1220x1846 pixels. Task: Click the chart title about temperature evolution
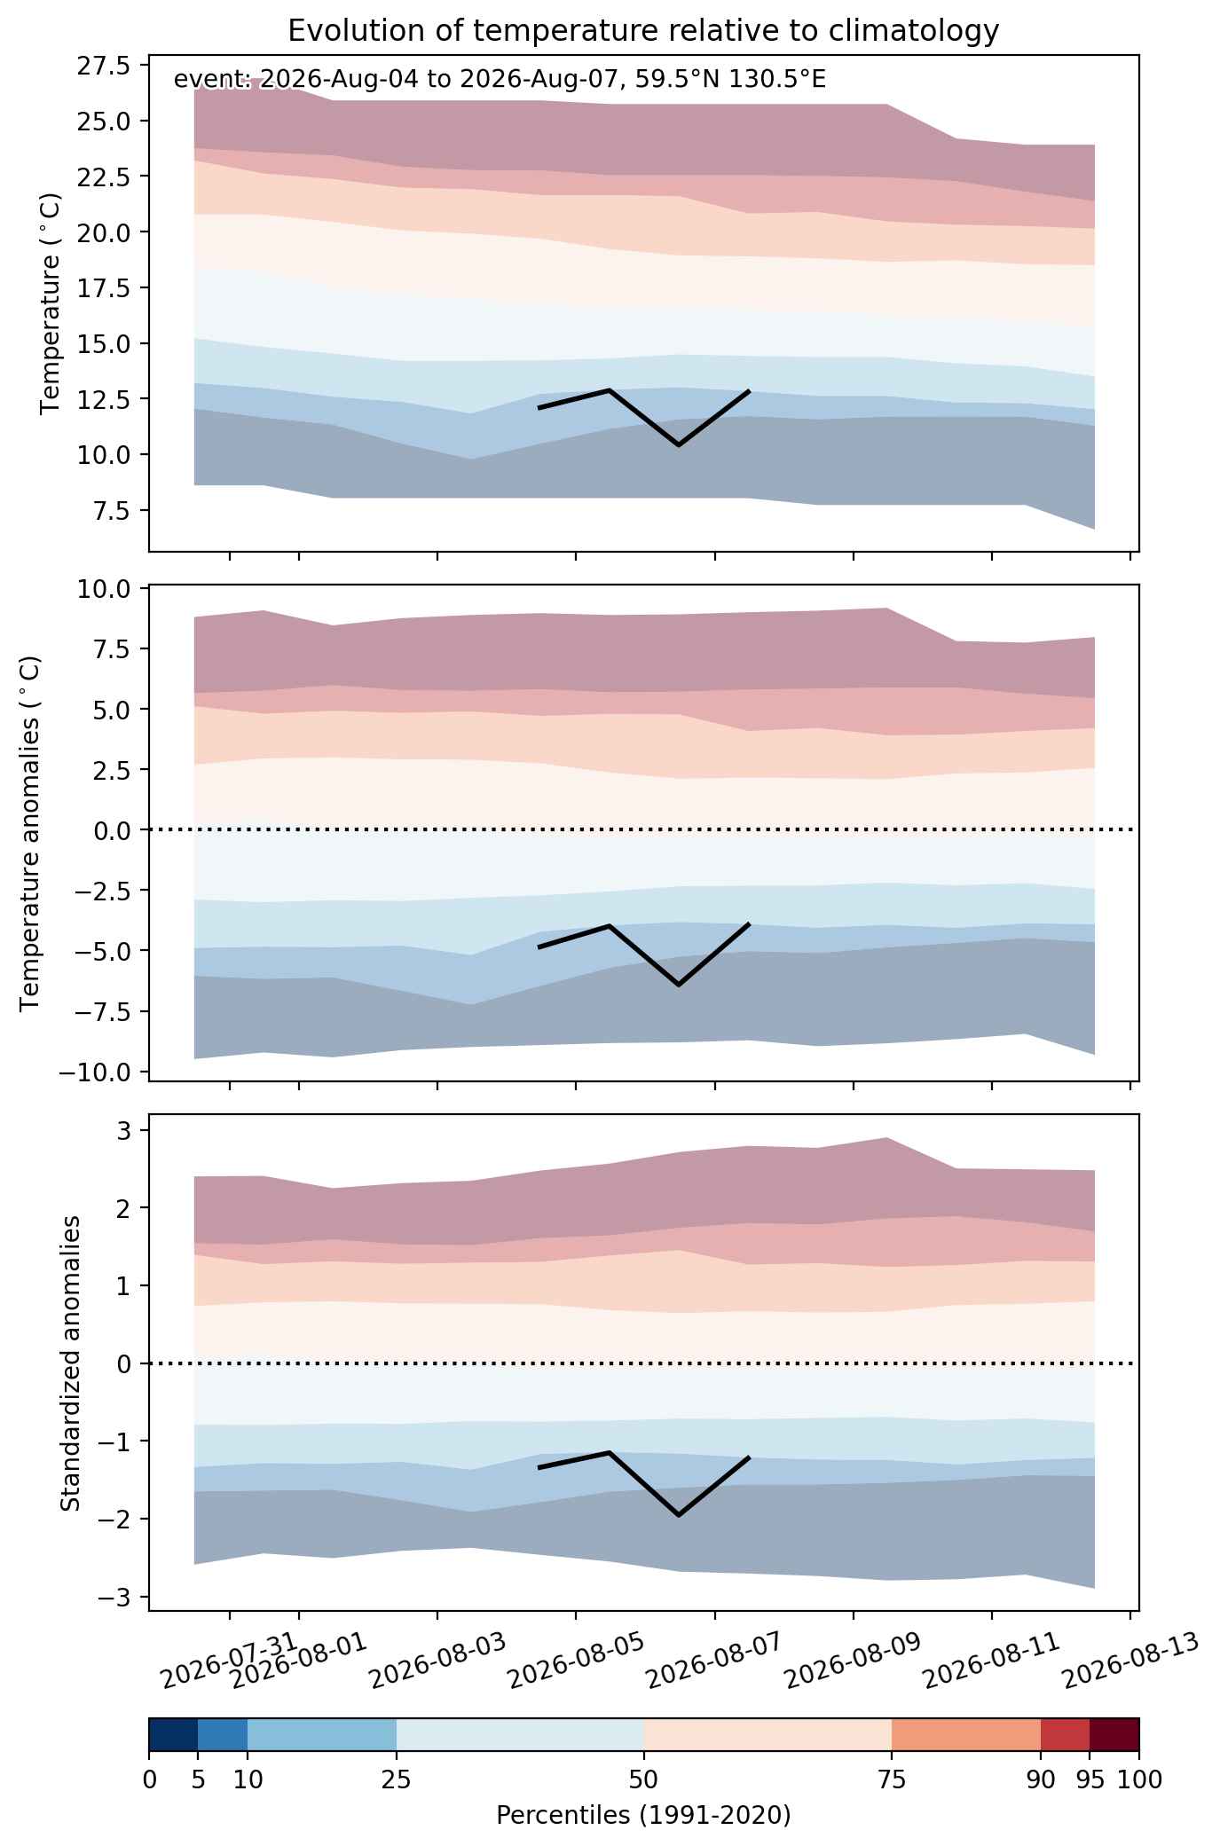point(643,31)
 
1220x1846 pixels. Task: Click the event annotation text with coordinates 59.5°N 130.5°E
point(500,80)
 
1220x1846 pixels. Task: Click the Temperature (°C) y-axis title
point(51,303)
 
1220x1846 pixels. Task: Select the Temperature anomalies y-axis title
point(31,832)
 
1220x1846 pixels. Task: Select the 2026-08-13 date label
point(1130,1660)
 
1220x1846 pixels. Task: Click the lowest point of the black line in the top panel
point(679,444)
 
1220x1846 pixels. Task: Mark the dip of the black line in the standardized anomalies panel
point(679,1515)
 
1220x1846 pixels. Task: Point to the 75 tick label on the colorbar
point(891,1779)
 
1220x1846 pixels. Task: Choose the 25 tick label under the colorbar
point(397,1779)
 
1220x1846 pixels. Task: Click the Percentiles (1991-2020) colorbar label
point(643,1815)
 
